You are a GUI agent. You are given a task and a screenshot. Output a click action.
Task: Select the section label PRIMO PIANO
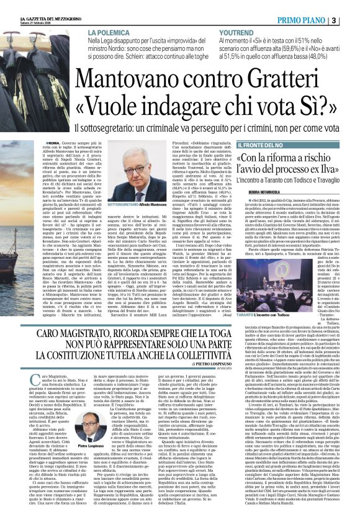click(317, 19)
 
